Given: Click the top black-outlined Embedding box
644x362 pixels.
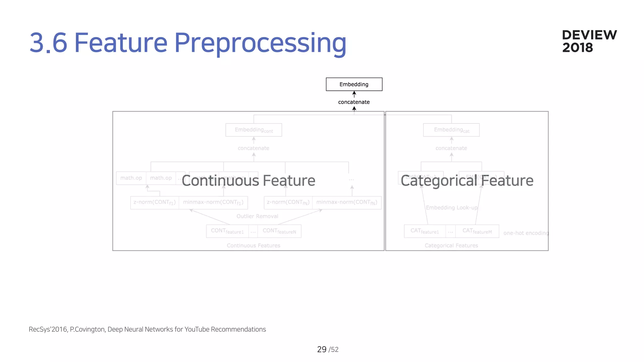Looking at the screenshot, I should [x=354, y=84].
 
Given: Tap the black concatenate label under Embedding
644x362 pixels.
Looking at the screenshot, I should [x=354, y=102].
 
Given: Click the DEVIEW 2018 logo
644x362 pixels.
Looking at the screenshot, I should [x=589, y=41].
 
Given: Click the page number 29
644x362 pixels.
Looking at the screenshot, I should [x=322, y=349].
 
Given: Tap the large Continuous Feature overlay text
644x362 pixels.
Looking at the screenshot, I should [x=248, y=181].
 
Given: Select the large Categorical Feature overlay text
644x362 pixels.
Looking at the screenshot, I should [x=467, y=181].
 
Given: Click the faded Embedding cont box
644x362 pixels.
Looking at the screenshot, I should [x=253, y=130].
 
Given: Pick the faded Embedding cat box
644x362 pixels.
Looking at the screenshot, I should [x=451, y=130].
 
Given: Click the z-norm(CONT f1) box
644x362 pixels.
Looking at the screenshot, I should [x=154, y=202].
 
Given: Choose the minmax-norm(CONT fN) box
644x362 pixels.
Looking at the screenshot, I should [x=347, y=202].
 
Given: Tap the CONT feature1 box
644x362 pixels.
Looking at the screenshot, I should [x=227, y=231].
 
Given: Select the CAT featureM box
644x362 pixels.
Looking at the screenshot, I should [x=477, y=231].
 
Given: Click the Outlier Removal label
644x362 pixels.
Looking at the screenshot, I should [x=257, y=216].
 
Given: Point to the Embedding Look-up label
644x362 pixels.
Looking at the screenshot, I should [x=452, y=208].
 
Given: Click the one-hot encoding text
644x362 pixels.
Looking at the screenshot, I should [x=526, y=233].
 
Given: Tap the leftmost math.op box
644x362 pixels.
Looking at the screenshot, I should [x=131, y=178].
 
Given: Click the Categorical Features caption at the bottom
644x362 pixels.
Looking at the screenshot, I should [x=451, y=245].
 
